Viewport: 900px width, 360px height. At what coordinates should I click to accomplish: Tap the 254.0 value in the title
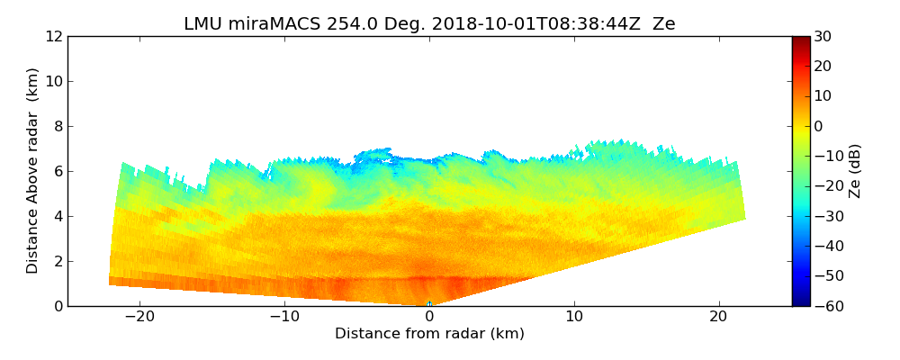[x=334, y=24]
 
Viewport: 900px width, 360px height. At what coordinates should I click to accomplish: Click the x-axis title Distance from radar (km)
[x=429, y=334]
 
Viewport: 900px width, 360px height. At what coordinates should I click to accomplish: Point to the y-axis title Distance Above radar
[x=33, y=170]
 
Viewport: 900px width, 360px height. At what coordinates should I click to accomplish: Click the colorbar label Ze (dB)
[x=855, y=171]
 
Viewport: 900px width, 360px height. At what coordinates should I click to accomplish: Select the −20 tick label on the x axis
[x=139, y=317]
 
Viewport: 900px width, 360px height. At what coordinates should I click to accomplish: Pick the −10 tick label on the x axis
[x=284, y=317]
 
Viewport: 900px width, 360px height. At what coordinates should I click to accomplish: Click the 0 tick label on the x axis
[x=429, y=317]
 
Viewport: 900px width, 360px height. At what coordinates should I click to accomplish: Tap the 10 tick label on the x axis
[x=574, y=317]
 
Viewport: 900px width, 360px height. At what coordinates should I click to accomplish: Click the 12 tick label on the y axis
[x=54, y=37]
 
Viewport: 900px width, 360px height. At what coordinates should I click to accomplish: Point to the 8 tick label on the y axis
[x=58, y=127]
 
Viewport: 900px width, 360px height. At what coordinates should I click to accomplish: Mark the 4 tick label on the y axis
[x=58, y=217]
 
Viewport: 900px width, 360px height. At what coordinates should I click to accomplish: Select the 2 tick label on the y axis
[x=58, y=262]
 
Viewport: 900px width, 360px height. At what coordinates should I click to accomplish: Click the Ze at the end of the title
[x=663, y=24]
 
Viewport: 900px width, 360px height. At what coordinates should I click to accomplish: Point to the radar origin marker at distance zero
[x=429, y=303]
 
